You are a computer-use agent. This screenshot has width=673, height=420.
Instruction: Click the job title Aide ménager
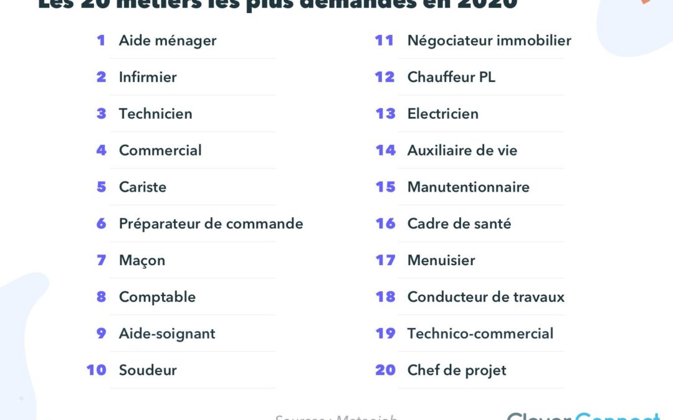click(168, 41)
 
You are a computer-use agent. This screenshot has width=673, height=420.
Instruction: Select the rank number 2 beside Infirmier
click(102, 77)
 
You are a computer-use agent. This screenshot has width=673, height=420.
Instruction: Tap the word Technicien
click(155, 114)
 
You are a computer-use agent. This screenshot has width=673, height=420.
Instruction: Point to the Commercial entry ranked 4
click(160, 151)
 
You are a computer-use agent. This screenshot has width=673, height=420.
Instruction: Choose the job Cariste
click(143, 187)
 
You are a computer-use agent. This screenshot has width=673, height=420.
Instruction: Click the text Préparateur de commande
click(211, 224)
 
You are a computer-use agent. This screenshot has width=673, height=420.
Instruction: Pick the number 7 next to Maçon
click(102, 260)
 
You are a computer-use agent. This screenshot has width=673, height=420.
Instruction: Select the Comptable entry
click(157, 297)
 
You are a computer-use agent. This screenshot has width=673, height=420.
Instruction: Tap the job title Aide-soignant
click(167, 334)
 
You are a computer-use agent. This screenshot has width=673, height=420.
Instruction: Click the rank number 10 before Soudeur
click(97, 370)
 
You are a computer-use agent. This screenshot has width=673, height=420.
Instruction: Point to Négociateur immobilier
click(489, 41)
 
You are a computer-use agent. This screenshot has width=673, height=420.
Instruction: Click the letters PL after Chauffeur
click(487, 77)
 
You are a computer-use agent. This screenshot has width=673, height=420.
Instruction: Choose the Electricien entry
click(443, 114)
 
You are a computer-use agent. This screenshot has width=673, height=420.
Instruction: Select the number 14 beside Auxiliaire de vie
click(386, 151)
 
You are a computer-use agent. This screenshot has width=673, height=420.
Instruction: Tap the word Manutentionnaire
click(469, 187)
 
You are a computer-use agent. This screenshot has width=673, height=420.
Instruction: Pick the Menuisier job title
click(441, 261)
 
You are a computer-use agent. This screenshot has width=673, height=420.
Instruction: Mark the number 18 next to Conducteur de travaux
click(386, 297)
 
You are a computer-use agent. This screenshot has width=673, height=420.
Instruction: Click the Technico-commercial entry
click(480, 334)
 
